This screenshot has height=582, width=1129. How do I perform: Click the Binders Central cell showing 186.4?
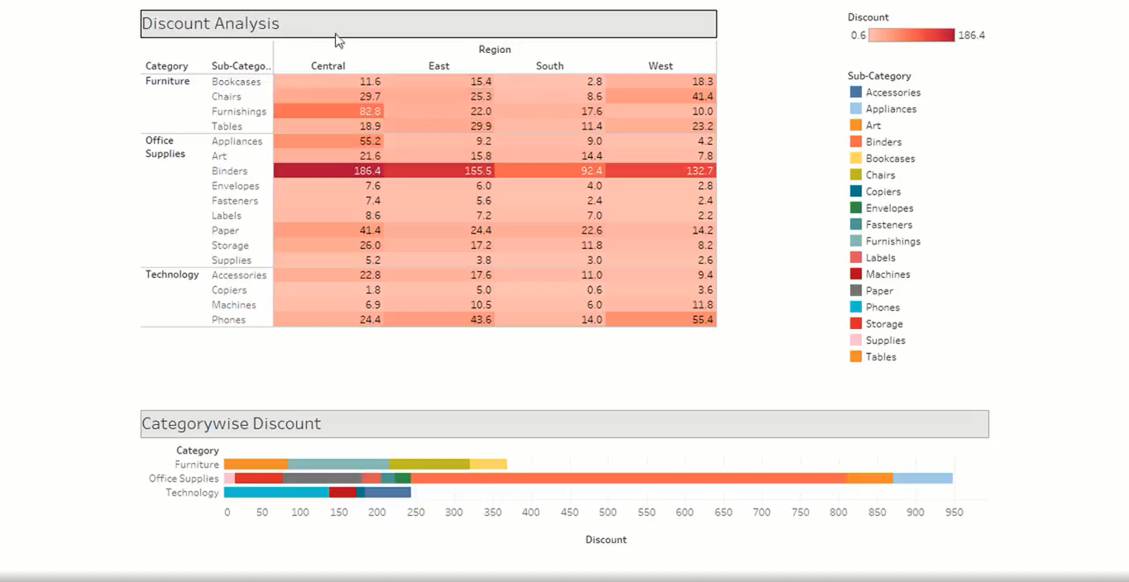click(x=328, y=171)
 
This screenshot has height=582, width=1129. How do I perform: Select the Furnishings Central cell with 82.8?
click(x=328, y=112)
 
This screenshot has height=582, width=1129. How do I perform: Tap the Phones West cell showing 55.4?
click(x=660, y=320)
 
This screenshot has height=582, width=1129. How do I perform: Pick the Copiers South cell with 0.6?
click(x=549, y=290)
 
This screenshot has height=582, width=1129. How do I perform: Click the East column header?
click(x=439, y=66)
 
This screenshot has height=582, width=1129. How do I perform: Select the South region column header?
click(x=549, y=66)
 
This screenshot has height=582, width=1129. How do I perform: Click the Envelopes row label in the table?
click(x=235, y=186)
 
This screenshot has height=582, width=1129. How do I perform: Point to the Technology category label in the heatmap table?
click(x=172, y=274)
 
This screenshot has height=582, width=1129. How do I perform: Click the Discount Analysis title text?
click(x=211, y=24)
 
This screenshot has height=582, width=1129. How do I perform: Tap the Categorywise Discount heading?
click(x=231, y=424)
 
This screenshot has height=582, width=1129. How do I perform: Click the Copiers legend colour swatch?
click(x=855, y=192)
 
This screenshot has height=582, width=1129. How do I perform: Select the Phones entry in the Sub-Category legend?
click(x=883, y=308)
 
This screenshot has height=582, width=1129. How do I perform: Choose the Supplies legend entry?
click(x=885, y=341)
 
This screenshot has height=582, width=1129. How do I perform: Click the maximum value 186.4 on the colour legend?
click(x=971, y=36)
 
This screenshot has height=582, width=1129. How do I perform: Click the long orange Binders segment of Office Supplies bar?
click(x=629, y=478)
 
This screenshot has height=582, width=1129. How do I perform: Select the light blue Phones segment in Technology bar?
click(x=276, y=492)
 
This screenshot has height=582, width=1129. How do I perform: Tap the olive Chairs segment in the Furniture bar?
click(x=429, y=465)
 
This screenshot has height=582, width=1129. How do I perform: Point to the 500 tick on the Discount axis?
click(x=608, y=513)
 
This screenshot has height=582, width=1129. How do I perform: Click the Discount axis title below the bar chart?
click(x=605, y=540)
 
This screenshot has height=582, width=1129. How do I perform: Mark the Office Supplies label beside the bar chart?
click(x=184, y=479)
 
